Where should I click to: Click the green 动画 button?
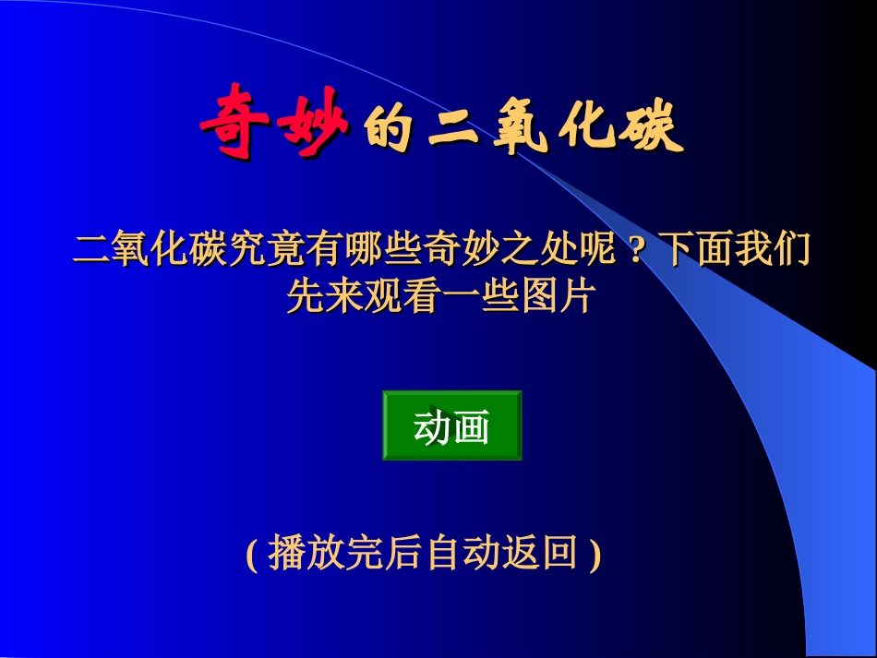(x=451, y=425)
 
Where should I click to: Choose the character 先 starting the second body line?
(x=306, y=295)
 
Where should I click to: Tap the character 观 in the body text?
(x=382, y=295)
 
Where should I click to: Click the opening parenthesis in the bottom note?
(x=252, y=554)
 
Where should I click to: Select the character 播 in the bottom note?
(x=286, y=554)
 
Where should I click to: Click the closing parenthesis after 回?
(x=595, y=554)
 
